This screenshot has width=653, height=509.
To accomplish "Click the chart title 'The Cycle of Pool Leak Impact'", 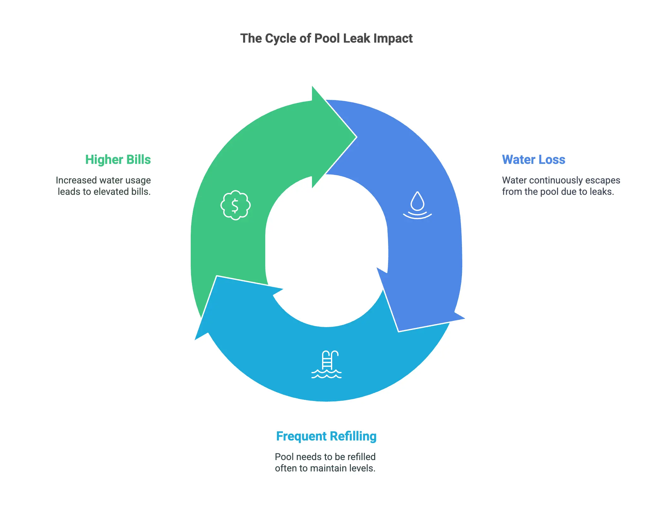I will (326, 39).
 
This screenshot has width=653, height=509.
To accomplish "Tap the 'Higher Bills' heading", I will (118, 160).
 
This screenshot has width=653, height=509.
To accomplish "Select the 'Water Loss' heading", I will (533, 160).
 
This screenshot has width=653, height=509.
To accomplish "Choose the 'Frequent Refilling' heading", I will (326, 436).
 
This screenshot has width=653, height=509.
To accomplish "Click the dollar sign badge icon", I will (235, 205).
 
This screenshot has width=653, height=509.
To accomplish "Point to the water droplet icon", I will (417, 205).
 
